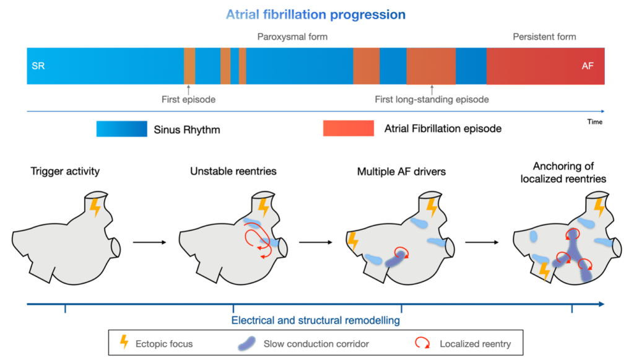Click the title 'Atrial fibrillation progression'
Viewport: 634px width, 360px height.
(x=316, y=14)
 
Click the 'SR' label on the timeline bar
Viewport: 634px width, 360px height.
(x=38, y=65)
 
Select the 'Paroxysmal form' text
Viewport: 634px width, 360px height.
(x=292, y=37)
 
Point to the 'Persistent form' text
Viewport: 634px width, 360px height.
(x=544, y=37)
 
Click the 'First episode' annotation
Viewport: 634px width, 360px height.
(x=188, y=99)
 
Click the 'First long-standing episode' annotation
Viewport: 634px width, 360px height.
(x=432, y=99)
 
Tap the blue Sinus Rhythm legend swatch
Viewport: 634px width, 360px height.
(x=122, y=129)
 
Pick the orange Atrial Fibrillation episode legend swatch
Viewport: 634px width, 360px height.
(x=348, y=129)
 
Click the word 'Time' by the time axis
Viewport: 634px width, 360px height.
(x=594, y=122)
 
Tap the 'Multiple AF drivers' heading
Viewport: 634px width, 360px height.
(x=401, y=171)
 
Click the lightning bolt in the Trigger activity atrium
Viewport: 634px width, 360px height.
(x=95, y=206)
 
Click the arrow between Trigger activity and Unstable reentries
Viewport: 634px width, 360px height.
(x=149, y=242)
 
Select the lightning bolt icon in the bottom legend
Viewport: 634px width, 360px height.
(x=124, y=343)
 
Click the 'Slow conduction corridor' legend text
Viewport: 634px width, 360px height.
(x=316, y=343)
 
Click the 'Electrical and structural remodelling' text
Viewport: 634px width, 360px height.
(x=315, y=320)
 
